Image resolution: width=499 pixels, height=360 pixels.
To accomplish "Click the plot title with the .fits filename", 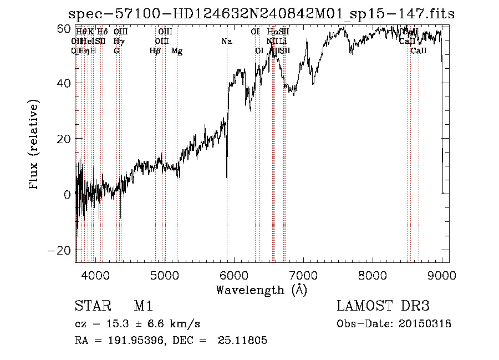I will pyautogui.click(x=261, y=13).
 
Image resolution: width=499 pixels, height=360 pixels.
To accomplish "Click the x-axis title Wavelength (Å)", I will pyautogui.click(x=261, y=290).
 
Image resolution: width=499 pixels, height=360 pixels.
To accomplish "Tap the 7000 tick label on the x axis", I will pyautogui.click(x=303, y=275).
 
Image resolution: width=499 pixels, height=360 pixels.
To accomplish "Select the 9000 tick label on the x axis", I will pyautogui.click(x=442, y=275).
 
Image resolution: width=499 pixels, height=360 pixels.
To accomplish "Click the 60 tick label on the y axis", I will pyautogui.click(x=64, y=28).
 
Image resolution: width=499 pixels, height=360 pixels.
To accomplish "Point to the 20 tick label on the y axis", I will pyautogui.click(x=64, y=139).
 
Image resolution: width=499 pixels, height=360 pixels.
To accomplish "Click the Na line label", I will pyautogui.click(x=226, y=42).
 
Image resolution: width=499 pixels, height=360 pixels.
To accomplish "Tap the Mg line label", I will pyautogui.click(x=177, y=51).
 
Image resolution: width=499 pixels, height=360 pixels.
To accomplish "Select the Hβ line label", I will pyautogui.click(x=155, y=51).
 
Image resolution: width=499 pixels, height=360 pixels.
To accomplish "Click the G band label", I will pyautogui.click(x=116, y=51).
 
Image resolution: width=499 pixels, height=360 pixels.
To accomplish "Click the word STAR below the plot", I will pyautogui.click(x=91, y=306).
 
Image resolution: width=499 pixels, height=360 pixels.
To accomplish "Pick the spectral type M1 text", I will pyautogui.click(x=143, y=306).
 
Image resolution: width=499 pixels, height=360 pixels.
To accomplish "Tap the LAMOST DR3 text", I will pyautogui.click(x=383, y=306).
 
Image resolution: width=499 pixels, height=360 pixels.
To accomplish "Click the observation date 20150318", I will pyautogui.click(x=427, y=324).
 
